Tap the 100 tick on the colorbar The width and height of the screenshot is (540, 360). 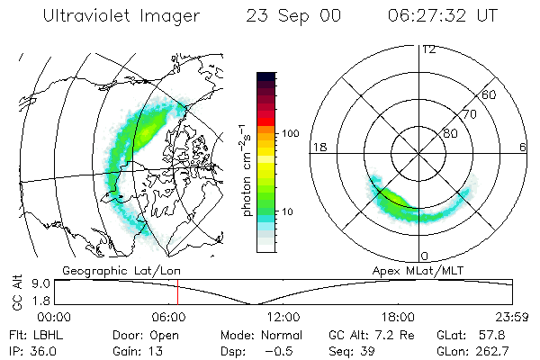[x=290, y=133]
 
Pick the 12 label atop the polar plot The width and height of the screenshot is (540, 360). [x=428, y=49]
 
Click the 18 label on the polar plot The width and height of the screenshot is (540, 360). [x=319, y=148]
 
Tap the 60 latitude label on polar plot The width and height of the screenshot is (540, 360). [x=490, y=94]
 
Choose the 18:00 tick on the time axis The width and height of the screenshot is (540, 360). [x=397, y=318]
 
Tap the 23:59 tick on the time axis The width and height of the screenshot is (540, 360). [x=512, y=318]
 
